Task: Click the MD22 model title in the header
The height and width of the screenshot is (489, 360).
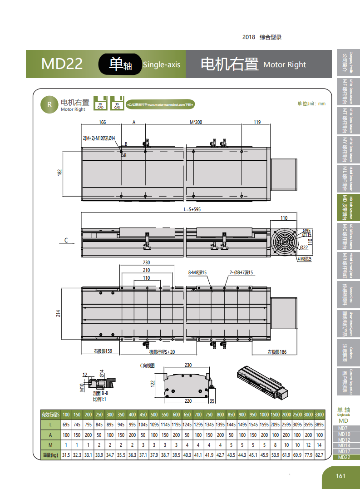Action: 62,64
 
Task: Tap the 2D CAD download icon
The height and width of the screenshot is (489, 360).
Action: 100,103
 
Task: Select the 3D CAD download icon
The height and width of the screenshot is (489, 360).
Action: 117,103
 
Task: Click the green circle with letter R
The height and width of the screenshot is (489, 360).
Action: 48,104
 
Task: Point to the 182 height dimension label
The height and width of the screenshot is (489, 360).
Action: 59,173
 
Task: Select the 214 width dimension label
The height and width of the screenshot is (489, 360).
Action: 59,313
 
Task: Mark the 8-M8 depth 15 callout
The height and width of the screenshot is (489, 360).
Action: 197,272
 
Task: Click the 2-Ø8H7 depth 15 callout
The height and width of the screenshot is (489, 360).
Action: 241,272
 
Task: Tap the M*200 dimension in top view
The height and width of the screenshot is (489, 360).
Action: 196,122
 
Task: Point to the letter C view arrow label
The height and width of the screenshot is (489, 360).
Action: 66,239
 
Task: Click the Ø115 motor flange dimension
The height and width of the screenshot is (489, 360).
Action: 307,235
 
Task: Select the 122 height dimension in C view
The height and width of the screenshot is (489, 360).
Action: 153,383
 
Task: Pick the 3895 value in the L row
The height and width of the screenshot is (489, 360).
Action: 319,424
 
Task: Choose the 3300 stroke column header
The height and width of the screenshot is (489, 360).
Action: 319,415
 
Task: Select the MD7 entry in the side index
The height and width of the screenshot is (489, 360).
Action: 343,428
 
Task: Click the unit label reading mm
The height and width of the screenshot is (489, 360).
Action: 311,104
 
